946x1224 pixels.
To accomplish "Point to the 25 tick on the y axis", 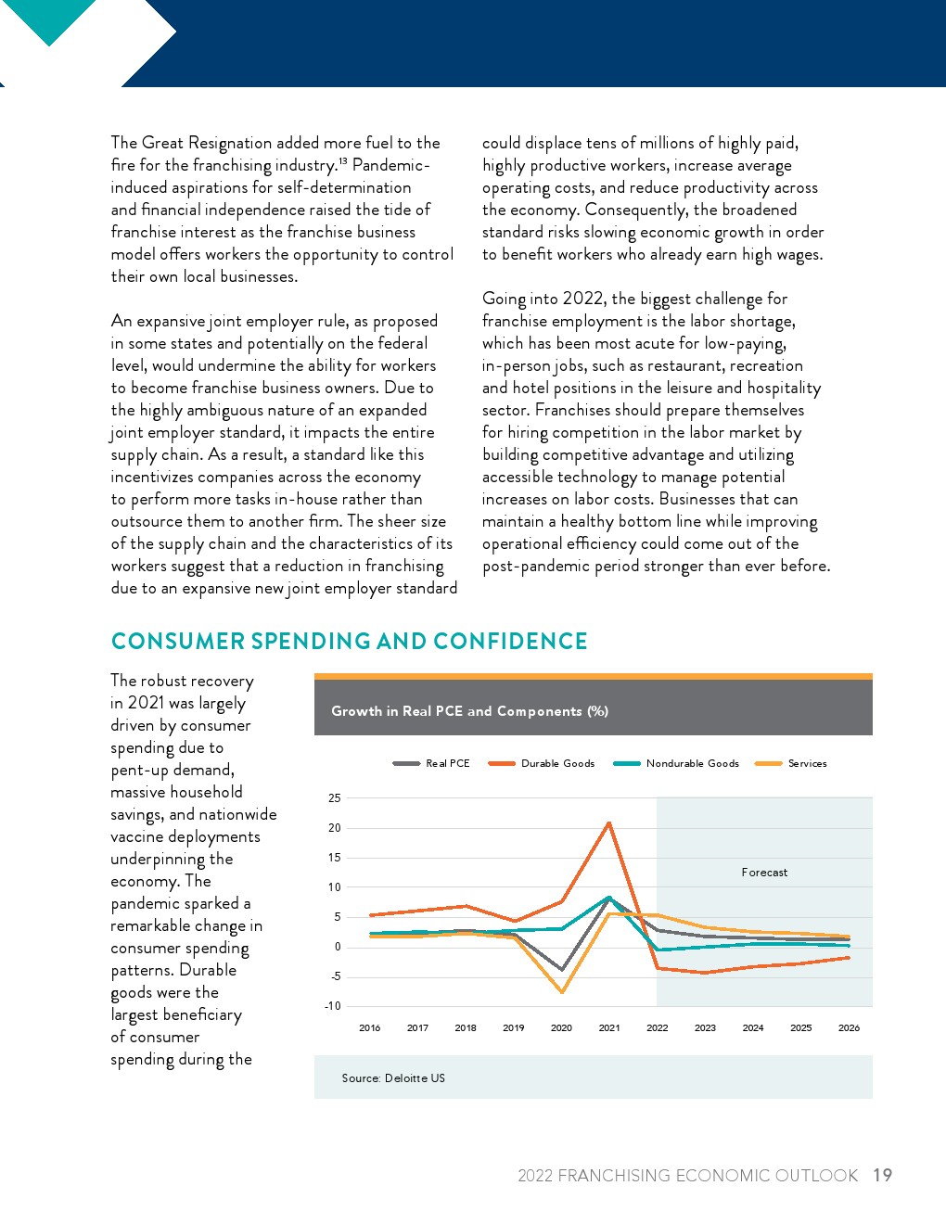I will tap(335, 798).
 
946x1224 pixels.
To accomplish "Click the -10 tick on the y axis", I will tap(333, 1006).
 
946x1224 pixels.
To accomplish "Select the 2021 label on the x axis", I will tap(609, 1028).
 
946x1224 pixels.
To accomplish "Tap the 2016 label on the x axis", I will tap(370, 1028).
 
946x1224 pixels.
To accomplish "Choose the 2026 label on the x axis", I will tap(849, 1028).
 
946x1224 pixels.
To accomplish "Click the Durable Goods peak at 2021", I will tap(609, 822).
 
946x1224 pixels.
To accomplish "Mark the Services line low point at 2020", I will tap(562, 992).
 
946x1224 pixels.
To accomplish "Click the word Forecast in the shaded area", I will tap(764, 873).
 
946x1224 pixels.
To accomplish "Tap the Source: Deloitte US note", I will tap(393, 1078).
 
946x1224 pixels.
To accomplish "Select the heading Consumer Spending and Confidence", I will tap(349, 642).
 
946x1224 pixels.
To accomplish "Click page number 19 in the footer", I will tap(882, 1176).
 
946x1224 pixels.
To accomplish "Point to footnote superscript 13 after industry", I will tap(342, 161).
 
